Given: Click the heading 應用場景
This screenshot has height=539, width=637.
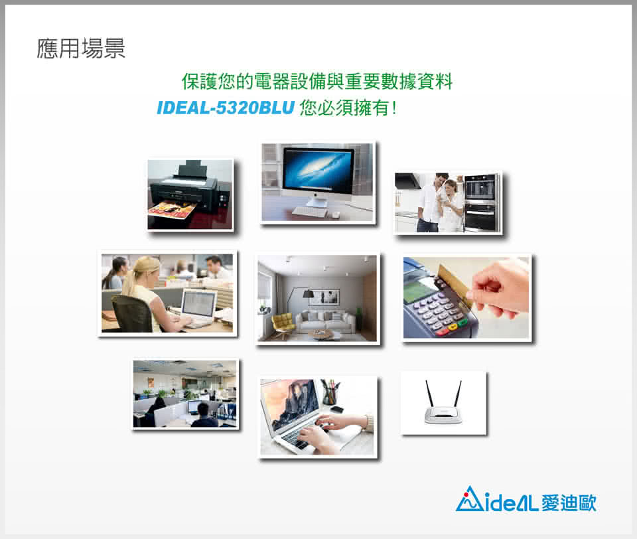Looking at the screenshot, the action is point(81,48).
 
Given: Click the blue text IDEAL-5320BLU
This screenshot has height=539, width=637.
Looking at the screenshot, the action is point(226,108).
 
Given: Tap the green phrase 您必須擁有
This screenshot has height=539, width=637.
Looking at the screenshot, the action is point(344,108).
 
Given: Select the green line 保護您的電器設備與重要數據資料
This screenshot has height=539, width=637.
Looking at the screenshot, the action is point(317,81).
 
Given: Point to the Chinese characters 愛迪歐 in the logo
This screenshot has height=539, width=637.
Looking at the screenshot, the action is point(569,502).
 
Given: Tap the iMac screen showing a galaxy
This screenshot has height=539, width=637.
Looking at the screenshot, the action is point(318,171).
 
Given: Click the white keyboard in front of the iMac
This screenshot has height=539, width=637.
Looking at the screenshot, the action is point(310,211).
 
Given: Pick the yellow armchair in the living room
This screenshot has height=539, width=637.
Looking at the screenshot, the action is point(283,324).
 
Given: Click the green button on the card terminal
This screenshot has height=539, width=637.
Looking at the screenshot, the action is point(462,323).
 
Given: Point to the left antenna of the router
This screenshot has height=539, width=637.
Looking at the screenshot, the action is point(429,394).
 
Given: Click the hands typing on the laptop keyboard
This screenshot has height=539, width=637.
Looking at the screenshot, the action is point(325,431).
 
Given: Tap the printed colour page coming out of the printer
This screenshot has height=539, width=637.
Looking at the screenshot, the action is point(173,209).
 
